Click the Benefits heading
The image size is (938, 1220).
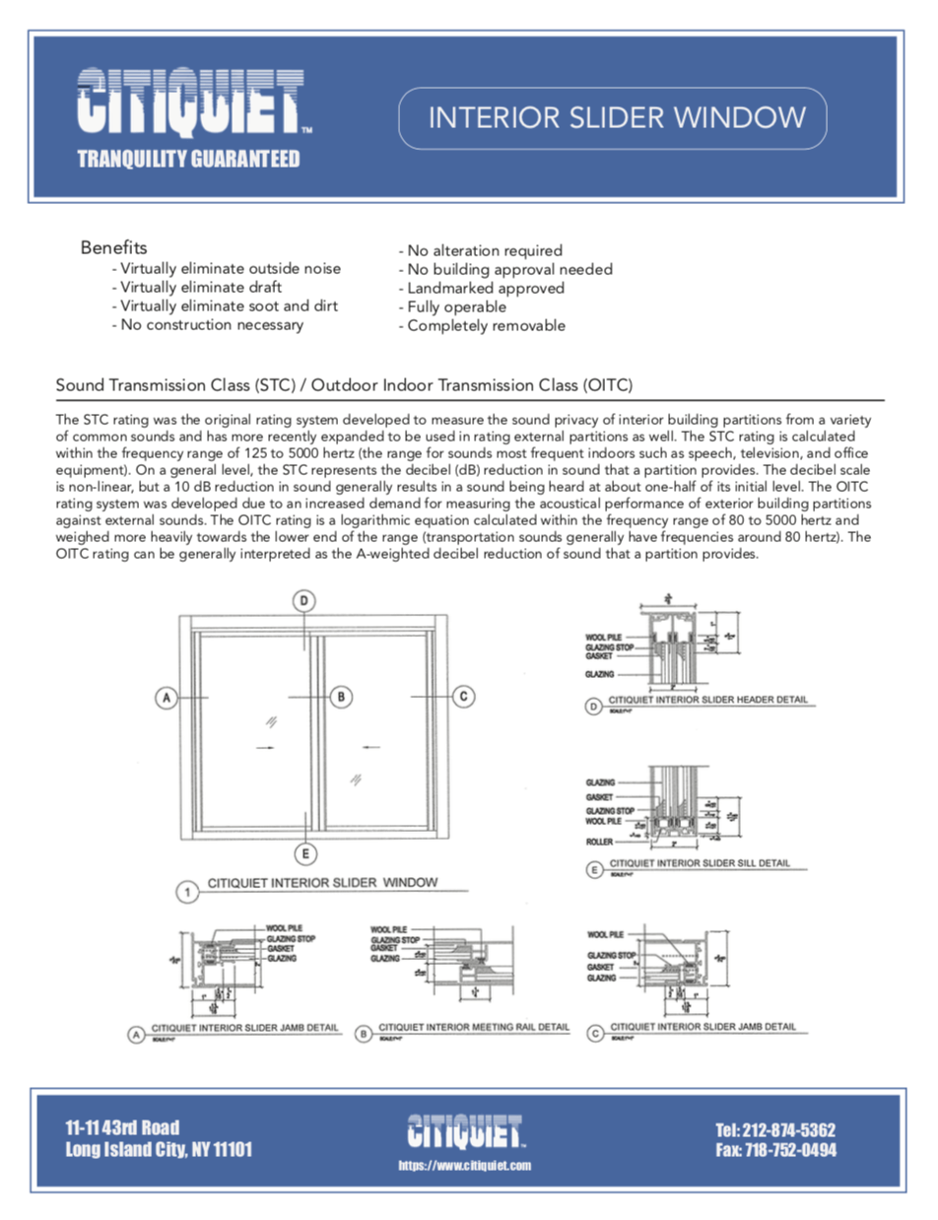[x=114, y=246]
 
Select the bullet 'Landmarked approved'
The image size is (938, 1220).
[x=481, y=288]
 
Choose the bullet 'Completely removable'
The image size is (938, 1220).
[x=481, y=326]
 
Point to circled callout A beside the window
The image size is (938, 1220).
[x=167, y=697]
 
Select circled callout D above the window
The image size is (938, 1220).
[x=305, y=600]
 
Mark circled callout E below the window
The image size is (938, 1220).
[x=306, y=852]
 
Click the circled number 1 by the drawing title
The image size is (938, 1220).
[x=187, y=893]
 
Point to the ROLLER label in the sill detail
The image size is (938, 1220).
[x=599, y=843]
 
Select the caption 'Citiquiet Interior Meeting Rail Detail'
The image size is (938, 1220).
[x=474, y=1027]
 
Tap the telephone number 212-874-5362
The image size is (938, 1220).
[x=775, y=1129]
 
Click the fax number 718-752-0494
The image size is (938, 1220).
[x=775, y=1150]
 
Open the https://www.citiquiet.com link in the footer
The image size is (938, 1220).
[x=464, y=1166]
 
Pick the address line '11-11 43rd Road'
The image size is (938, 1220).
[x=122, y=1128]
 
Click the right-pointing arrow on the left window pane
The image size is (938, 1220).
[x=264, y=748]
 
